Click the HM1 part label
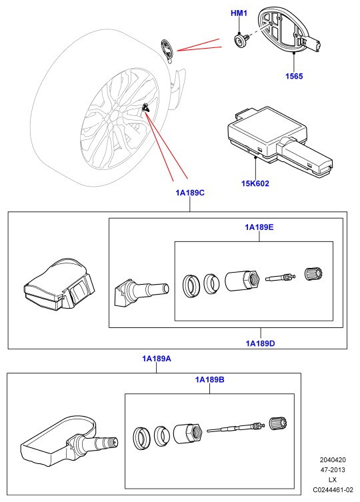coord(239,13)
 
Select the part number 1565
coord(294,76)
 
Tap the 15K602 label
coord(255,183)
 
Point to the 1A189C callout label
coord(190,193)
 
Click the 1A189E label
coord(259,227)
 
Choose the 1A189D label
coord(261,343)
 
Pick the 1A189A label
coord(157,359)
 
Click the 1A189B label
coord(210,380)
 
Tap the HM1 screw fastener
coord(241,41)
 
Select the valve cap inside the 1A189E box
coord(313,274)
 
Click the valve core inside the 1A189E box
coord(278,276)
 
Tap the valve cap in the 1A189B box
coord(278,423)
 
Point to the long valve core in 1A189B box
coord(236,427)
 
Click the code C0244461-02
coord(333,490)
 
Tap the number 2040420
coord(333,460)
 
